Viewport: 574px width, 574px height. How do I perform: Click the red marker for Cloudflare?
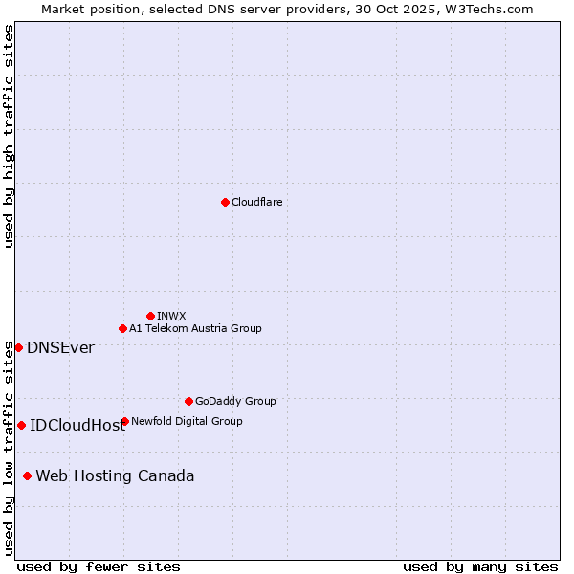(x=225, y=202)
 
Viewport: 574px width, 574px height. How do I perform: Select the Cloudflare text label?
(x=256, y=202)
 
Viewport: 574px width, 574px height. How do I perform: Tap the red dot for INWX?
(x=150, y=316)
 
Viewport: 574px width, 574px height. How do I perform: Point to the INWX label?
(x=171, y=316)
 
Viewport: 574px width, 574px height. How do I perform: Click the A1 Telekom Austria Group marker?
(x=122, y=328)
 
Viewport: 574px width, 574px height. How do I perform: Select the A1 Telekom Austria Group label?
(x=195, y=328)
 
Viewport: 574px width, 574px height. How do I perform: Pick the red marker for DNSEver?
(x=18, y=347)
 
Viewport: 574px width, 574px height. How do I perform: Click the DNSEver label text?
(x=60, y=348)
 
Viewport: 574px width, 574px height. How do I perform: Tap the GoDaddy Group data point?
(x=188, y=401)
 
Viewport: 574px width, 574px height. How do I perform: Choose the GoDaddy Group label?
(x=235, y=401)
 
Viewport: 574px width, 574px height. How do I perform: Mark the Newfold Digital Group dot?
(x=124, y=421)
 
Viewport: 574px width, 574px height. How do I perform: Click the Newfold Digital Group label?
(x=187, y=421)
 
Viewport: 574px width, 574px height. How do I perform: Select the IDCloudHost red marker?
(x=21, y=425)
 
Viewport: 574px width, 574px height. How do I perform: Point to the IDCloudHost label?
(x=77, y=426)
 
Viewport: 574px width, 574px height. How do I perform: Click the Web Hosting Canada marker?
(x=27, y=475)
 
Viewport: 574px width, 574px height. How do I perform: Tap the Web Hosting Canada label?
(x=115, y=476)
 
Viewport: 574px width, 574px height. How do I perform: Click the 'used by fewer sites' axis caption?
(x=99, y=566)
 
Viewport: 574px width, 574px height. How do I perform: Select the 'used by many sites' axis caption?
(x=480, y=566)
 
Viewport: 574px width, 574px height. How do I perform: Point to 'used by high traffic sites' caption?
(x=9, y=136)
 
